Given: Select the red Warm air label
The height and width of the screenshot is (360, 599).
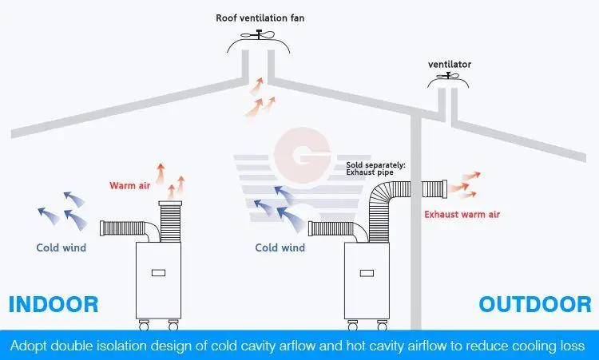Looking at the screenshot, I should tap(130, 186).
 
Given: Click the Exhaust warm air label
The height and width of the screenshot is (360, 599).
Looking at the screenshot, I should tap(462, 214).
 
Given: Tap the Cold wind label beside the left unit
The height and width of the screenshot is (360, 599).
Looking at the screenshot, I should tap(61, 247).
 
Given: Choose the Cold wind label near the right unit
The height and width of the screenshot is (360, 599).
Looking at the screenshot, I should tap(280, 247).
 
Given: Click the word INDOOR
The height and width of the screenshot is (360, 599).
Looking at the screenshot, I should tap(53, 304).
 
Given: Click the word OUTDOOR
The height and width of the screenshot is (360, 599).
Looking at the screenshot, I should tap(535, 304).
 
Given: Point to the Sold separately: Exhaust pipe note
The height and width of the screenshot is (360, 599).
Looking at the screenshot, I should tap(375, 168).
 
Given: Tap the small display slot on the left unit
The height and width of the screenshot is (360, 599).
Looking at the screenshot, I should tap(158, 273).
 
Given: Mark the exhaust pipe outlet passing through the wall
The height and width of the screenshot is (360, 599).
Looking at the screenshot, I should tap(431, 186).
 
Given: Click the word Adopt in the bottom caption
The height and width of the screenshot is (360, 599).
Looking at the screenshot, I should tap(31, 346).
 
